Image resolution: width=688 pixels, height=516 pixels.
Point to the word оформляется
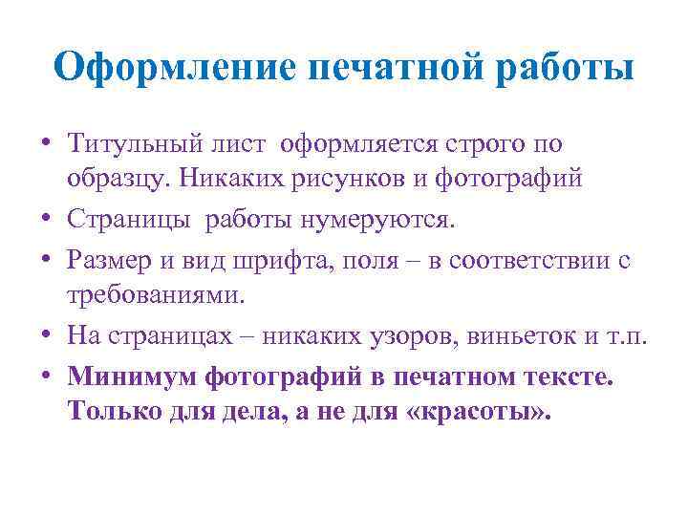pos(354,144)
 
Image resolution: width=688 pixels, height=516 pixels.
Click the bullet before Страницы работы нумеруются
pos(46,221)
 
